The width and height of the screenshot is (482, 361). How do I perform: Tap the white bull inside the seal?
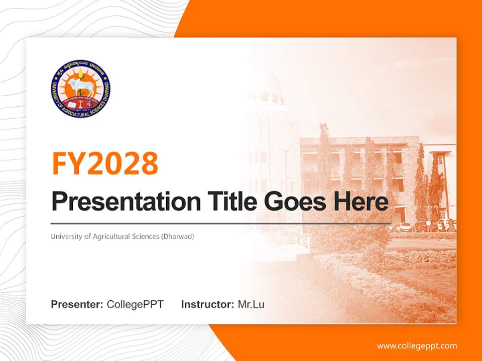[x=80, y=84]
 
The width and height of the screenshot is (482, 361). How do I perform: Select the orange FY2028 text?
[x=105, y=163]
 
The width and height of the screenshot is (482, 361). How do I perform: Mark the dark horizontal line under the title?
[x=221, y=224]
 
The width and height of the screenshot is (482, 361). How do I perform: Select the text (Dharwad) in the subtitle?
[x=178, y=236]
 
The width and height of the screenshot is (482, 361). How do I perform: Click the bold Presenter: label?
[x=77, y=304]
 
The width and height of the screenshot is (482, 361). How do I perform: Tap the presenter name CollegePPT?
[x=135, y=304]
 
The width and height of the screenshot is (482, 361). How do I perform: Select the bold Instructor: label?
[x=207, y=304]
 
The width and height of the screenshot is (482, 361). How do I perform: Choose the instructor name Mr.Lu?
[x=251, y=304]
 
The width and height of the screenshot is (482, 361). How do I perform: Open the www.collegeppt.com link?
[x=417, y=345]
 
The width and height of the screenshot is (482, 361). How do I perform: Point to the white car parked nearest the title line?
[x=403, y=227]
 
